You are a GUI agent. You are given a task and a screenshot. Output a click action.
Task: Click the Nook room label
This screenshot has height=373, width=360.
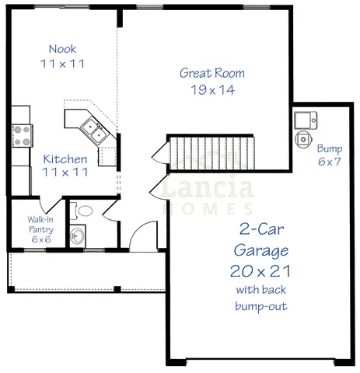[62, 48]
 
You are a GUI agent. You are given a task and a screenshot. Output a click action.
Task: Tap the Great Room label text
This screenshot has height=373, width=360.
[211, 74]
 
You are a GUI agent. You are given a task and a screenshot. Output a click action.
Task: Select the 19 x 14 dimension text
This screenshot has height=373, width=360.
[211, 89]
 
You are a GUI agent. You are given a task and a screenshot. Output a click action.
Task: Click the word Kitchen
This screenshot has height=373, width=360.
[65, 159]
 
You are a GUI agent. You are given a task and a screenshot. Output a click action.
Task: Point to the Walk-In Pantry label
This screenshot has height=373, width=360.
[40, 225]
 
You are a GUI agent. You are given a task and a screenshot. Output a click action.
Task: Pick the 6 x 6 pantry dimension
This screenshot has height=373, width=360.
[40, 239]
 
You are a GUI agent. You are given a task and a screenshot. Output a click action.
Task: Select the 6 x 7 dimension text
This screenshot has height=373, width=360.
[330, 162]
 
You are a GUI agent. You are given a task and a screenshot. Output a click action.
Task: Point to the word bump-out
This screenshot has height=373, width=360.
[260, 306]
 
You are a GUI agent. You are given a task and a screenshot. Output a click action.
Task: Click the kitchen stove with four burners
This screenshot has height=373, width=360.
[20, 136]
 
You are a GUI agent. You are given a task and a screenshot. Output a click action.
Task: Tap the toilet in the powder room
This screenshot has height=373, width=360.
[84, 210]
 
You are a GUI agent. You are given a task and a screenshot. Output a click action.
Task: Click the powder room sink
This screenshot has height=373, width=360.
[78, 235]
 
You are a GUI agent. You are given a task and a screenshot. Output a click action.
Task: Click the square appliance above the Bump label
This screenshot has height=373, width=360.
[305, 120]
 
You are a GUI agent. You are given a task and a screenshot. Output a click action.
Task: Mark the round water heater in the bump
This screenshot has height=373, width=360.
[303, 139]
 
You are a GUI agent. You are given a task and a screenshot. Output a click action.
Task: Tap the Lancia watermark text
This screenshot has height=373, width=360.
[208, 187]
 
